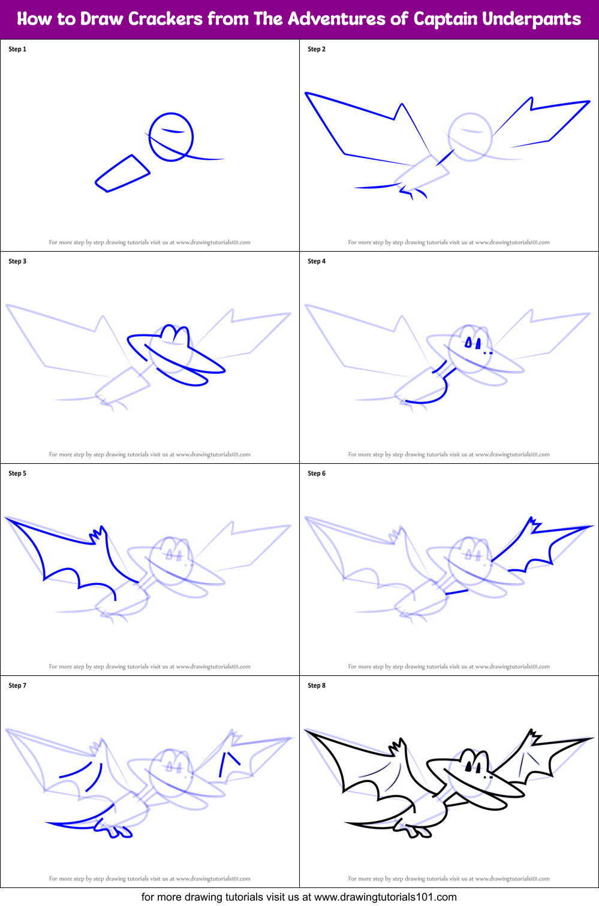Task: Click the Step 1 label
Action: point(17,49)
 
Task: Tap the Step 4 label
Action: point(317,261)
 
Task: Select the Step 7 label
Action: point(17,685)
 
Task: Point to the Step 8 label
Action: point(317,685)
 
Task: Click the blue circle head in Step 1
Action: point(171,137)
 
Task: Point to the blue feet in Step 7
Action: point(117,830)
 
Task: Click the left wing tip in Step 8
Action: point(307,731)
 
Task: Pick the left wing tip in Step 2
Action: point(307,94)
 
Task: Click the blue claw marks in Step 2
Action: point(413,192)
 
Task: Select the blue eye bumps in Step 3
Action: point(176,333)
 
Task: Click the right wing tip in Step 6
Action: point(591,527)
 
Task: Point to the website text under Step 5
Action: point(149,666)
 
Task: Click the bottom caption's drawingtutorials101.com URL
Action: point(385,897)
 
